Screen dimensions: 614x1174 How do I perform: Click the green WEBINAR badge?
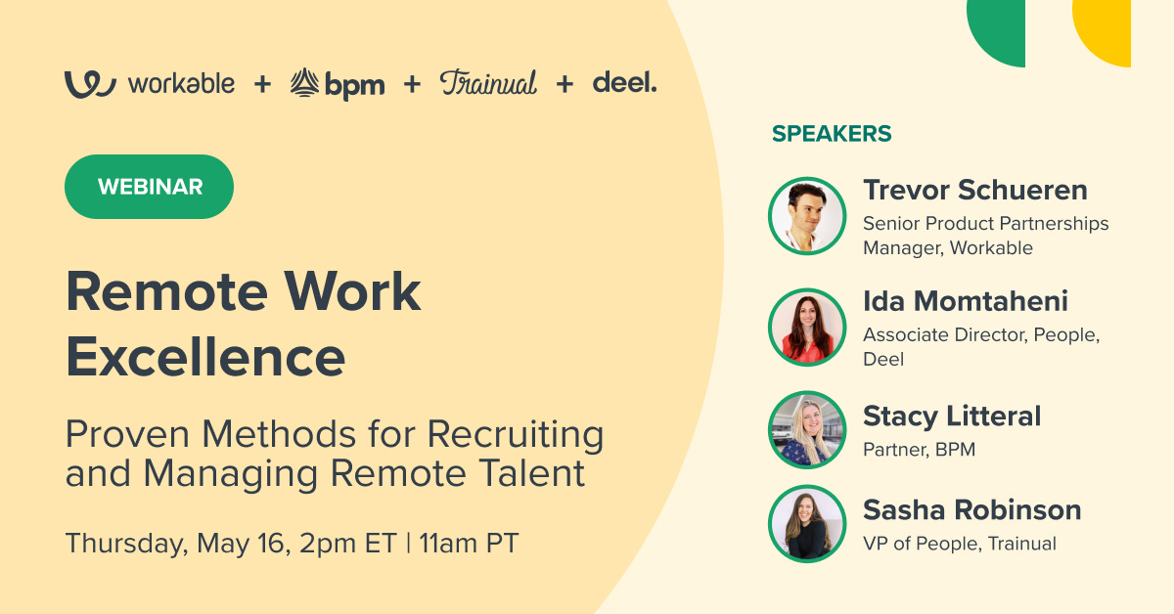pos(149,187)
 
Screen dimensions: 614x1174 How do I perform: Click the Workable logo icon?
pos(90,84)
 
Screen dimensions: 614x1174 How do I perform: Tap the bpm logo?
pos(338,84)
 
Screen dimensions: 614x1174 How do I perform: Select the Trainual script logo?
pos(488,83)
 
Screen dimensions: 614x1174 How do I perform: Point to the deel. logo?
pos(624,83)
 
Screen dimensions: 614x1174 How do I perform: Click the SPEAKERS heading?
pos(832,134)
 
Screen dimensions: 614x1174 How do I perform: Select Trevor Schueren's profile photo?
pos(807,216)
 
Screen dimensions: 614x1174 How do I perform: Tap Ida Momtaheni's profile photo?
pos(807,328)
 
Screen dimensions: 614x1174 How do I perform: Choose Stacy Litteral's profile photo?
pos(807,430)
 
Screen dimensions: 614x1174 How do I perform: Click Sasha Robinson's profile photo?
pos(807,524)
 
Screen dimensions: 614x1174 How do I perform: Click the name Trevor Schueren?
pos(974,190)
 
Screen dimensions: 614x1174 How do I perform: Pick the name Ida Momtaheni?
pos(965,301)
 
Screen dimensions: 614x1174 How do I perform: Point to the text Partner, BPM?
pos(919,451)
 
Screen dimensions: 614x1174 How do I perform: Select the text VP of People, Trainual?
pos(959,544)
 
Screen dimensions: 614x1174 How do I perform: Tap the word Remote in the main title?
pos(153,291)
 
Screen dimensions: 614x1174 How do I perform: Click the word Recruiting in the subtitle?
pos(516,433)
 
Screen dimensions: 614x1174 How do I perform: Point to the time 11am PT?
pos(469,543)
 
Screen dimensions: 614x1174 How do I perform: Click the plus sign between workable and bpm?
pos(262,85)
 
